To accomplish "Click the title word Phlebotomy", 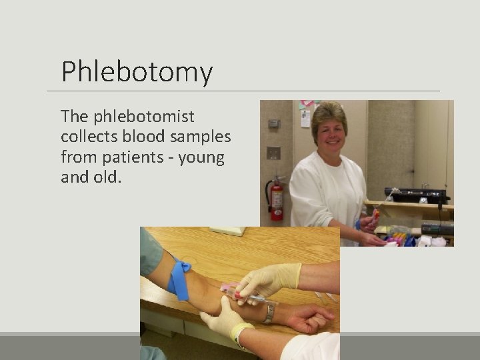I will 137,72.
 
